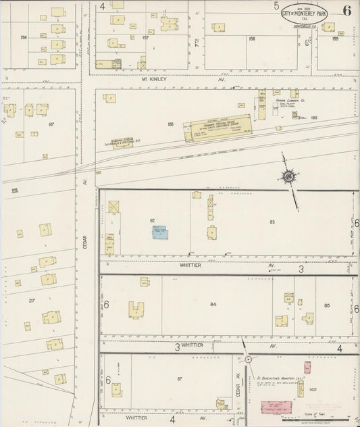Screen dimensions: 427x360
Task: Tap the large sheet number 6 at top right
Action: pyautogui.click(x=346, y=11)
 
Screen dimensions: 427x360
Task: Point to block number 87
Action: pyautogui.click(x=180, y=378)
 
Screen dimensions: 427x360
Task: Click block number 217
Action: pyautogui.click(x=32, y=299)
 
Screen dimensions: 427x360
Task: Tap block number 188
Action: pyautogui.click(x=170, y=124)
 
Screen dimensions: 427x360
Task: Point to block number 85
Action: pyautogui.click(x=327, y=305)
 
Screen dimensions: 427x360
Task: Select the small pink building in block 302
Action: pyautogui.click(x=307, y=368)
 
